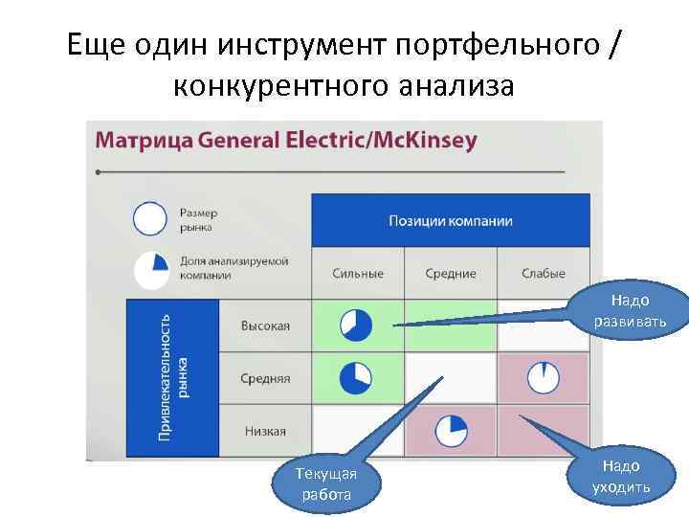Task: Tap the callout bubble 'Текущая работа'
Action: coord(326,483)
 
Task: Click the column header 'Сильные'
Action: coord(358,274)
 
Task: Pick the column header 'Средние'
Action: coord(451,274)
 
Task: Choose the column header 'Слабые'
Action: coord(543,274)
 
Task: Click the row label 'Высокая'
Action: coord(265,326)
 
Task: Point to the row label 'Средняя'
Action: coord(265,378)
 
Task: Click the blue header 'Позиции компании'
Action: coord(451,221)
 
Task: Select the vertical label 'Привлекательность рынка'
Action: coord(172,377)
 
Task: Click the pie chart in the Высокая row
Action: coord(356,326)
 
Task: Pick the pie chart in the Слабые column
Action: coord(544,376)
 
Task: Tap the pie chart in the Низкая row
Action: coord(451,431)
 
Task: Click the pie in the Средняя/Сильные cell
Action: coord(356,377)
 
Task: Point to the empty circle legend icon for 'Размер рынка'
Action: coord(150,219)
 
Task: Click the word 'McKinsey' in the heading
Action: coord(427,140)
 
